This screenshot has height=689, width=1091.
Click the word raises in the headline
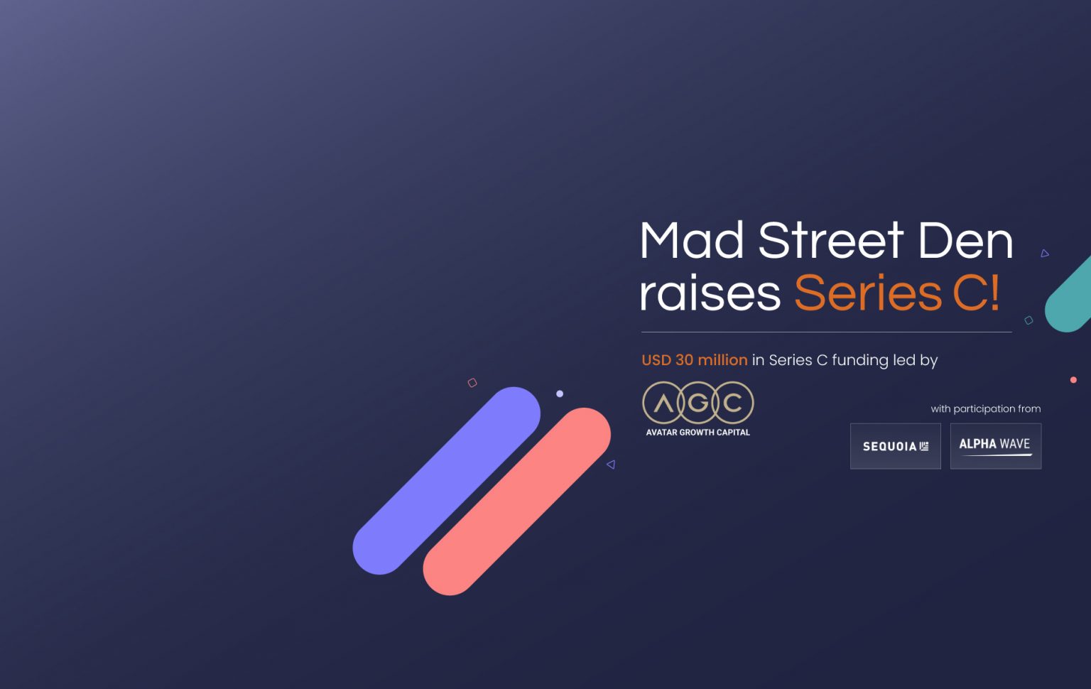(x=710, y=293)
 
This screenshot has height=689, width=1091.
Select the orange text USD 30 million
(x=694, y=360)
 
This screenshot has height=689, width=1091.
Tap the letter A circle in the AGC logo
(x=663, y=403)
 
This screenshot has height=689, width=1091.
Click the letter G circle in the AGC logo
(x=698, y=403)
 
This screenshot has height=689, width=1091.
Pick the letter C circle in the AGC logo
(x=732, y=403)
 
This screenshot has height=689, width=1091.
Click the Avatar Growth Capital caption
(x=698, y=432)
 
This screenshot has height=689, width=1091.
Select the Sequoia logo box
(x=895, y=446)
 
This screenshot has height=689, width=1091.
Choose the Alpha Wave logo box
(x=995, y=446)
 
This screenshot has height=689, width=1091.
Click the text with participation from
(x=985, y=408)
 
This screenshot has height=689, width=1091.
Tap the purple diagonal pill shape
(x=446, y=481)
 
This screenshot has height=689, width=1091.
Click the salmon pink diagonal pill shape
(x=516, y=501)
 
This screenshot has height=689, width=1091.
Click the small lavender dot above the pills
(x=560, y=394)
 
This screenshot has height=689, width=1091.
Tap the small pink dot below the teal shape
(x=1073, y=380)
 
